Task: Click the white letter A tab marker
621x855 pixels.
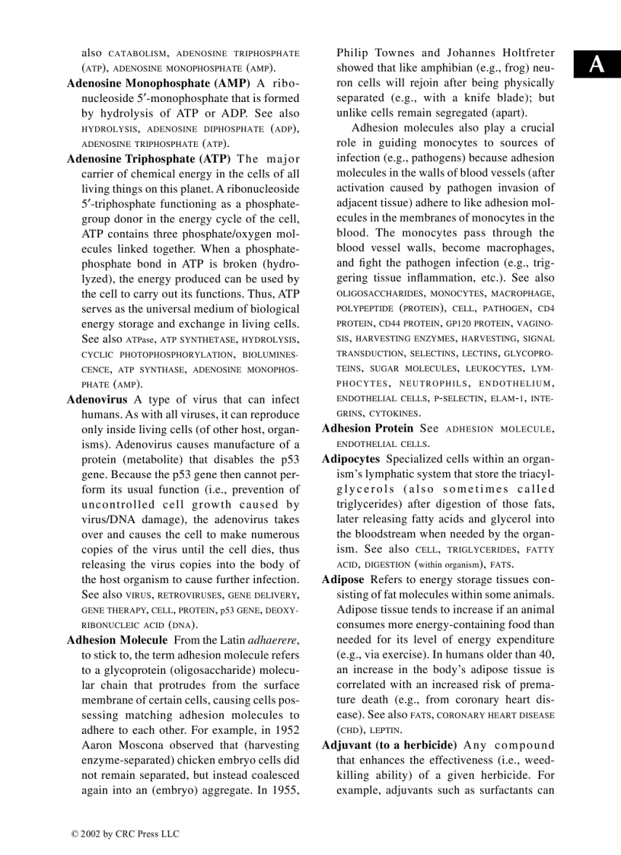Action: point(597,65)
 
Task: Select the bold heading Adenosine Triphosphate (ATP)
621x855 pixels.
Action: point(148,159)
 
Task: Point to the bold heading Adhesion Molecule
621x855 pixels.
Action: point(116,640)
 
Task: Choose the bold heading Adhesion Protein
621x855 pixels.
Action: point(368,429)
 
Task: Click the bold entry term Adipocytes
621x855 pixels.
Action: point(350,459)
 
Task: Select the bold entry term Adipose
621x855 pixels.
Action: point(342,579)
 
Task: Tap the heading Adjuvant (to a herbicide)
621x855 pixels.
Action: point(389,745)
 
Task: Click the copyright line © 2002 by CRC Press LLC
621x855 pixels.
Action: point(125,834)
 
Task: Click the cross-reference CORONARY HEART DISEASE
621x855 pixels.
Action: point(495,715)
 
